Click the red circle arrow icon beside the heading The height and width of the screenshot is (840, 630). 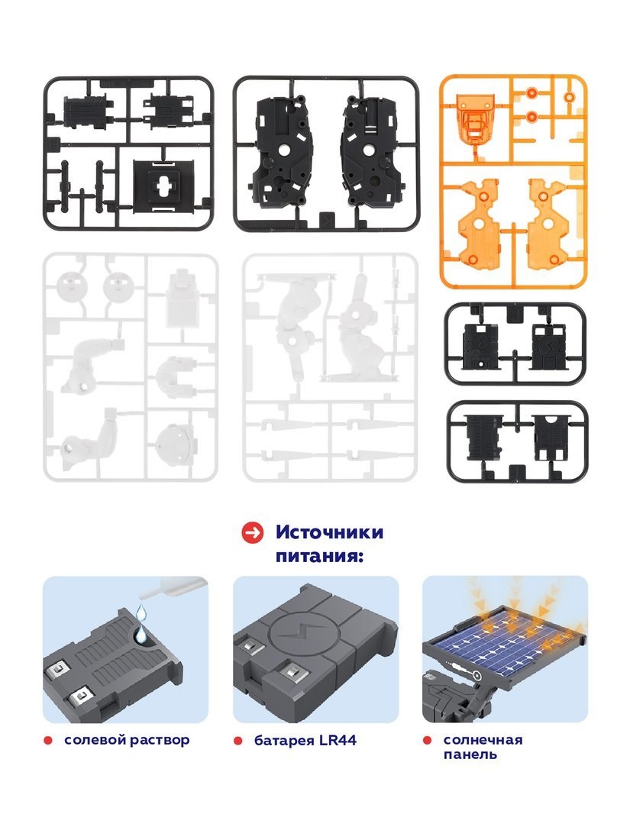pos(252,533)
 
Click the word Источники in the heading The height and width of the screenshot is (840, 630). pos(329,532)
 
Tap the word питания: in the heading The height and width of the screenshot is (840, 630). pos(319,556)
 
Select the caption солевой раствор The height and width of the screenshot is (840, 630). pos(127,741)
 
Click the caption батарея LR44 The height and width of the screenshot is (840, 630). pos(305,741)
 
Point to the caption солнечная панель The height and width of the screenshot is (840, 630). pos(483,748)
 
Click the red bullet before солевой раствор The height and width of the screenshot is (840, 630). pos(48,741)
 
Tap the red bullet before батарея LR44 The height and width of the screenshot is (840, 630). pos(237,741)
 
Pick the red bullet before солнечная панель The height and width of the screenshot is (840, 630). pos(427,741)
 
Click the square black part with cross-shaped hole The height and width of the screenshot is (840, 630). pos(163,184)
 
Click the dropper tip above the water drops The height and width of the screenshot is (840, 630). pos(143,594)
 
